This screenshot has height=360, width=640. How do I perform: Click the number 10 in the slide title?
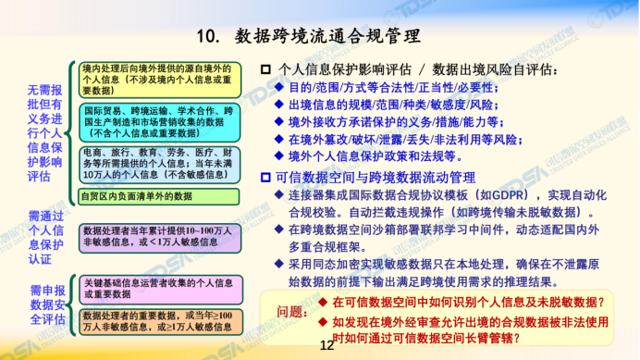(x=208, y=37)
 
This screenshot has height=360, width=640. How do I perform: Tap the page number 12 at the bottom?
(x=325, y=347)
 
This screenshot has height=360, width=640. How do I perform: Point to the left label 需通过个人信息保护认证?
(x=43, y=236)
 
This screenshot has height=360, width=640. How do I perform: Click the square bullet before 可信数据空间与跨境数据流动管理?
(x=266, y=177)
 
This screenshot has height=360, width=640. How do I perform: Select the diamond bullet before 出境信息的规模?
(x=279, y=105)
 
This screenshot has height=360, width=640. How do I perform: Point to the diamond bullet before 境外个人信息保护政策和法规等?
(x=279, y=156)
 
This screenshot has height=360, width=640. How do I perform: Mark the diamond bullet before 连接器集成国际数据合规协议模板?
(x=279, y=195)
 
